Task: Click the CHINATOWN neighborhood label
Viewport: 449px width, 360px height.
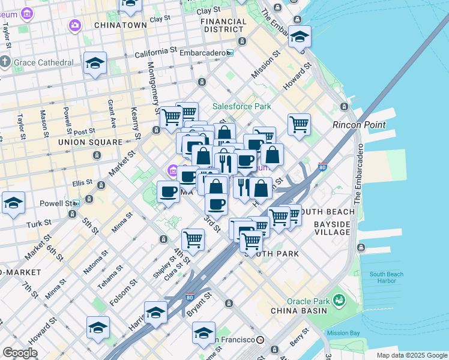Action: pyautogui.click(x=120, y=25)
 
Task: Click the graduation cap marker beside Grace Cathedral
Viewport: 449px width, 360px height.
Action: pyautogui.click(x=95, y=64)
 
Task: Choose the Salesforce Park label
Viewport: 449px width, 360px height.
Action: pyautogui.click(x=241, y=106)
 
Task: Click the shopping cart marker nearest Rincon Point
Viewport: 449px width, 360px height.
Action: pyautogui.click(x=299, y=125)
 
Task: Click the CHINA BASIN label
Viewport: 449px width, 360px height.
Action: pyautogui.click(x=299, y=311)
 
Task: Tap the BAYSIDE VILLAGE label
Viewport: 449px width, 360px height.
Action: pyautogui.click(x=332, y=228)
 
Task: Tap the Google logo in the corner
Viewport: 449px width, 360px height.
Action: pyautogui.click(x=20, y=353)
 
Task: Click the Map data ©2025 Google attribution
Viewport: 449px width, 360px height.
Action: pyautogui.click(x=411, y=355)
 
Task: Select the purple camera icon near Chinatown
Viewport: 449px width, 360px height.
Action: pyautogui.click(x=74, y=25)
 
